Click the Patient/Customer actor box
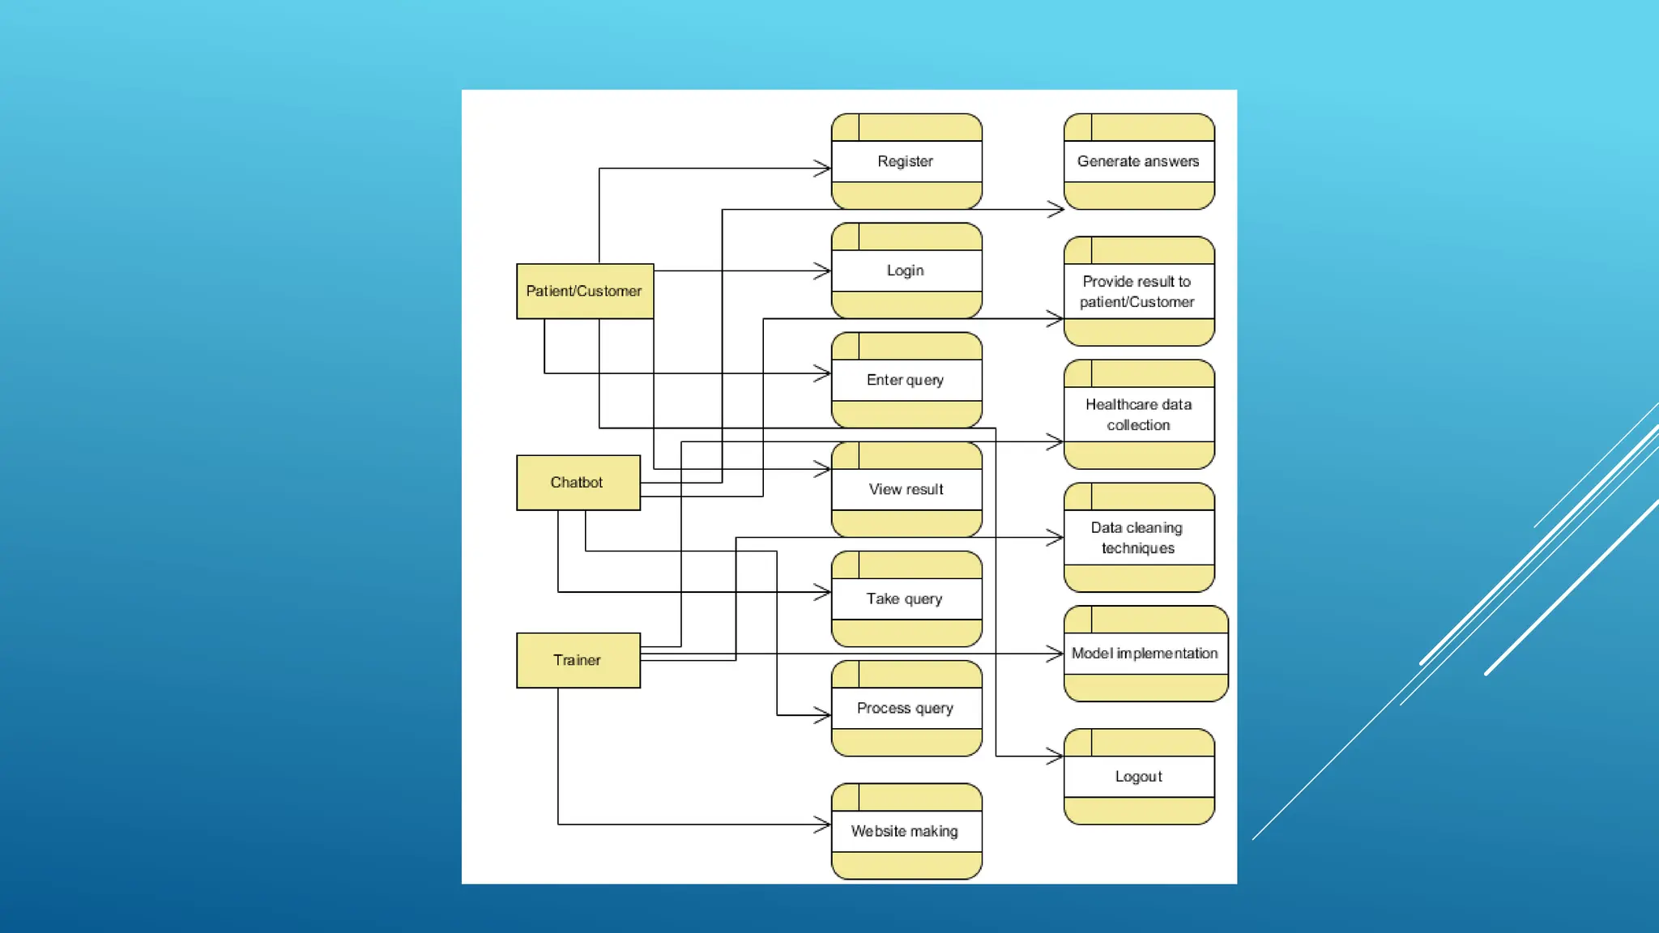[x=584, y=291]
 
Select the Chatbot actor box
[x=578, y=483]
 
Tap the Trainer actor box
[x=578, y=660]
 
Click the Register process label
[x=906, y=161]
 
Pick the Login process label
[x=906, y=271]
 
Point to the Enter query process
[x=906, y=380]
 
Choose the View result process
[x=906, y=489]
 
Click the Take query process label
[x=905, y=599]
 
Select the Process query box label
[x=906, y=708]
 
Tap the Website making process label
[x=905, y=831]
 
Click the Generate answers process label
[x=1138, y=161]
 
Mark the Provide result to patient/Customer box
[x=1137, y=292]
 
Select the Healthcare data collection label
[x=1138, y=415]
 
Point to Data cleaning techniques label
[x=1137, y=538]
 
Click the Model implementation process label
[x=1145, y=653]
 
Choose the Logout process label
[x=1138, y=776]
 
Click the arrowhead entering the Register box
[x=823, y=168]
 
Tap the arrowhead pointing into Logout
[x=1056, y=756]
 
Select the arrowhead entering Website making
[x=823, y=824]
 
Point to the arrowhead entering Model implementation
[x=1056, y=654]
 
